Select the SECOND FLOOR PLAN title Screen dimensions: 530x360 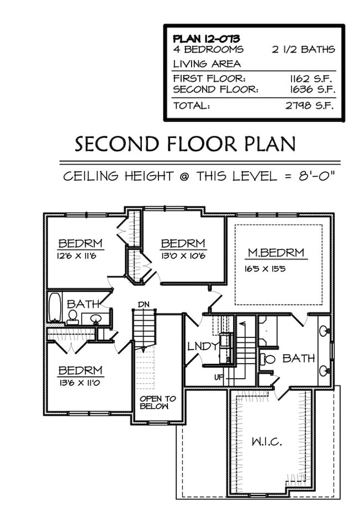click(185, 144)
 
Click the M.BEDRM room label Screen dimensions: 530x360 click(276, 253)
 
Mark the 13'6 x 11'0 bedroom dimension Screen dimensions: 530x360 click(80, 382)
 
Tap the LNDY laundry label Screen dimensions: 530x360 click(202, 346)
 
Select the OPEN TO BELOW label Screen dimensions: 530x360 click(157, 402)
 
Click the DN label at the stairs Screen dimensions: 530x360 click(143, 305)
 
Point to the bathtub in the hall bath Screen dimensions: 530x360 click(54, 307)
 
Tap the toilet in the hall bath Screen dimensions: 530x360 click(73, 316)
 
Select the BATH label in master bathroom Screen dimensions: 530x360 click(299, 358)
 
